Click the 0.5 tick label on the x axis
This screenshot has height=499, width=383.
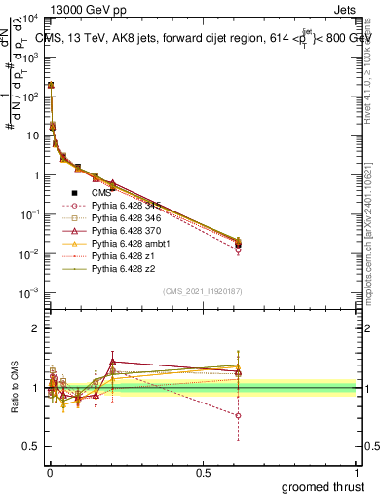point(202,472)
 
